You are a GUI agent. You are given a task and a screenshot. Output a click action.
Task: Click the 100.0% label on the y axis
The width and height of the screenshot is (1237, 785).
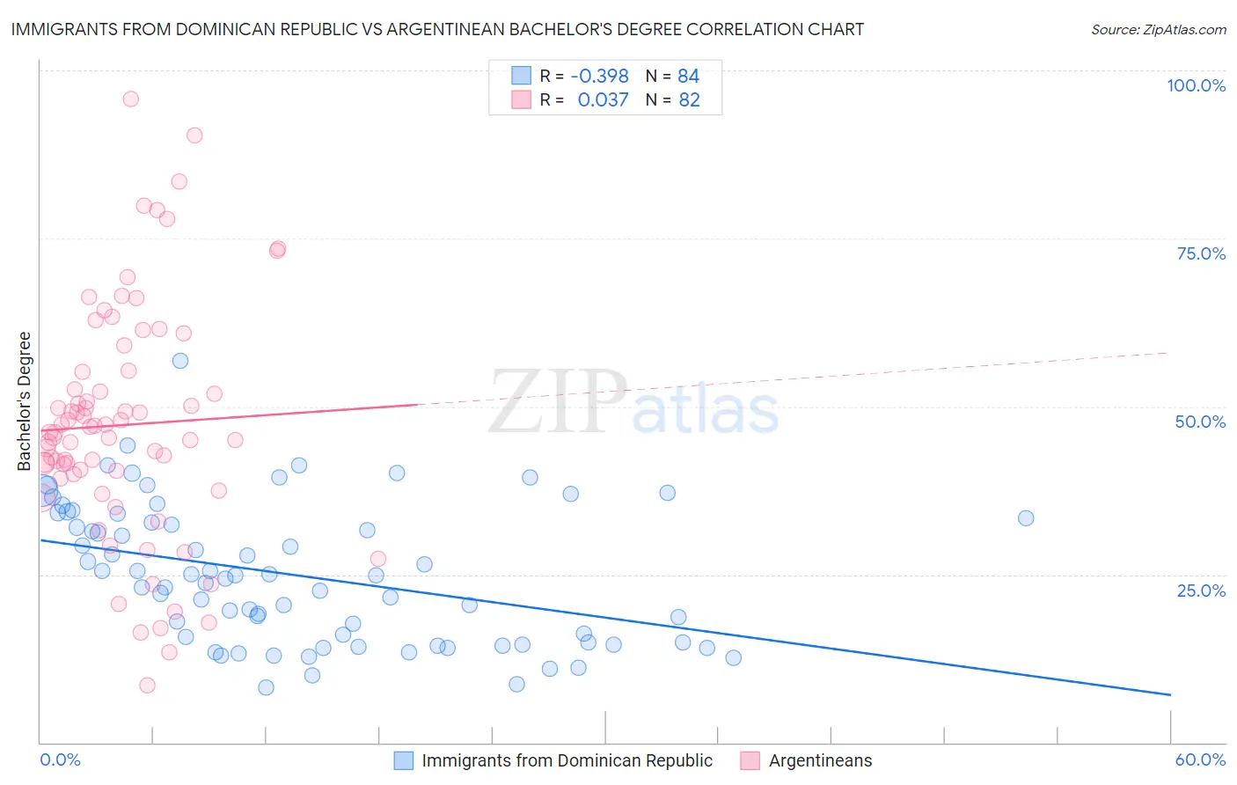[x=1196, y=85]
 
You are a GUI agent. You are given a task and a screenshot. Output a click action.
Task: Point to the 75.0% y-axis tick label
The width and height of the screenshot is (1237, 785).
[x=1201, y=253]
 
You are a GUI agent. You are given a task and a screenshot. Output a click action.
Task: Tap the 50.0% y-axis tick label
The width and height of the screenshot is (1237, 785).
[x=1200, y=422]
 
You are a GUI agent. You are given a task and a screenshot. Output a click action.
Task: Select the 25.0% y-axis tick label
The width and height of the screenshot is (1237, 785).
[x=1201, y=591]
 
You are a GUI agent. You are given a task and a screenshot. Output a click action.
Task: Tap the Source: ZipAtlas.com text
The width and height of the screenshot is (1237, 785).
[x=1158, y=29]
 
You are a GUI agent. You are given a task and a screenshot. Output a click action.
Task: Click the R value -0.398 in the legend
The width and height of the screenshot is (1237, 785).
[x=599, y=77]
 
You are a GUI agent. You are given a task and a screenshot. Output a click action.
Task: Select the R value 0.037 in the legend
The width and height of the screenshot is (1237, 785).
[x=603, y=100]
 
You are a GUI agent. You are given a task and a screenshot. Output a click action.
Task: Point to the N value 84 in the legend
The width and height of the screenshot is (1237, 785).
[x=688, y=77]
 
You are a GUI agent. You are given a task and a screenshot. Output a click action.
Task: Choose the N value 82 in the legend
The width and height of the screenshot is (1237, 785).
[x=689, y=100]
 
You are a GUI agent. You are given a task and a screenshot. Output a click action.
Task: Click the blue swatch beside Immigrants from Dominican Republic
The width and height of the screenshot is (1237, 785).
[x=404, y=760]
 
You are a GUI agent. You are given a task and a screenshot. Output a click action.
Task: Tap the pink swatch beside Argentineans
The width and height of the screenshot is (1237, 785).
[x=750, y=760]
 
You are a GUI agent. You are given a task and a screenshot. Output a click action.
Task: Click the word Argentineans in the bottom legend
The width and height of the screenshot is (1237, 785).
[x=820, y=760]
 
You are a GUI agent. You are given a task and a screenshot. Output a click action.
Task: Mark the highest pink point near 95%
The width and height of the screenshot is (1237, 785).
[x=130, y=99]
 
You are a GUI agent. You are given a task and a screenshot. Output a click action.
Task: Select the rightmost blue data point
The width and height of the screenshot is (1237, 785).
[x=1026, y=517]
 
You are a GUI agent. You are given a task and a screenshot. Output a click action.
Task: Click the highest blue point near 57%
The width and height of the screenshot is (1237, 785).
[x=180, y=361]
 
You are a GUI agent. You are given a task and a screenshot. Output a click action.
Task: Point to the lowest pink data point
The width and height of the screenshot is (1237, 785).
[x=147, y=685]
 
